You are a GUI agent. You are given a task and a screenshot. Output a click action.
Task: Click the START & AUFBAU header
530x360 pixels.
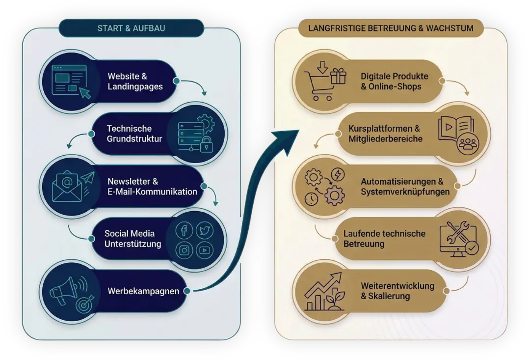131,28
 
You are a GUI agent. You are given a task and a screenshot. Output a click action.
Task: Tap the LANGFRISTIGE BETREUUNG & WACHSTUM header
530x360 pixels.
391,28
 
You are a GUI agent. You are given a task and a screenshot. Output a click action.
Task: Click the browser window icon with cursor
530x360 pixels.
71,81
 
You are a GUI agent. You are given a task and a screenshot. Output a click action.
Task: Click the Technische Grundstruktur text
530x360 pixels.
134,134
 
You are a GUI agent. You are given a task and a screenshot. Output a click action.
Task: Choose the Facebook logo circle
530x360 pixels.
184,230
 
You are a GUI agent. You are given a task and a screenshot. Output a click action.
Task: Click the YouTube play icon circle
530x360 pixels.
205,250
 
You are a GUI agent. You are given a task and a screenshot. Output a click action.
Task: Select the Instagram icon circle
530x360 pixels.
184,250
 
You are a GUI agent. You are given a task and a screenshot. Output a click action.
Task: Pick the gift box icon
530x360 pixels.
338,76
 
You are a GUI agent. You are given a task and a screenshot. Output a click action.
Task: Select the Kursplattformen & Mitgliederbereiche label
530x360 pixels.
385,134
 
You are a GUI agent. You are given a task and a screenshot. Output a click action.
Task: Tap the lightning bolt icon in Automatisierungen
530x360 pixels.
339,175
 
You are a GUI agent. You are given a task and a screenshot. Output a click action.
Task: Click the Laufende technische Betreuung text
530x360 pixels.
384,239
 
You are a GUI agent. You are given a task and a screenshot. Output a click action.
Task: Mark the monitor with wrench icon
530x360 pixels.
458,239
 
